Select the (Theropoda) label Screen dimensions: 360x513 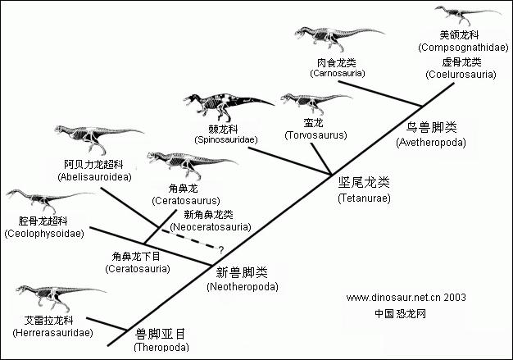(x=161, y=347)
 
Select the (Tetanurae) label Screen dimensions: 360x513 (x=365, y=198)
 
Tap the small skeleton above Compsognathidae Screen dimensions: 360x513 (x=459, y=14)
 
